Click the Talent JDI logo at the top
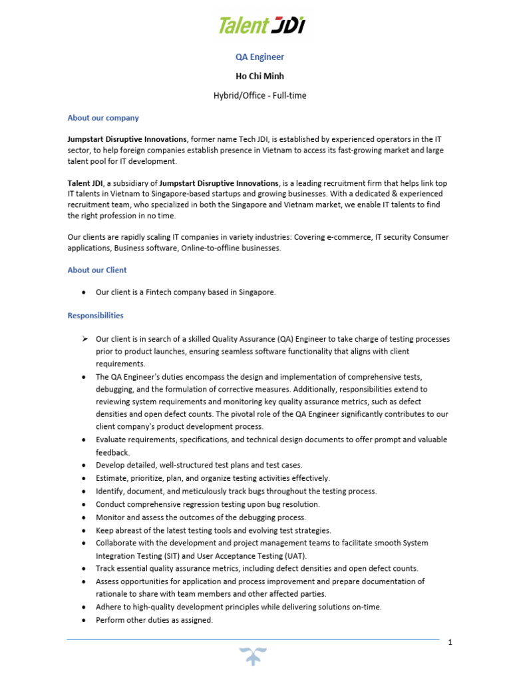[x=262, y=25]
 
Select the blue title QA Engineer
[x=255, y=57]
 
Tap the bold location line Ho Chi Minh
[x=255, y=76]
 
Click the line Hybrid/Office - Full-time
[x=255, y=95]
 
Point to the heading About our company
[x=103, y=118]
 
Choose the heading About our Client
[x=97, y=270]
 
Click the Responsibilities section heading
[x=95, y=316]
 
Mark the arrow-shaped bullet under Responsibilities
[x=85, y=339]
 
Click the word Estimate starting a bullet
[x=112, y=478]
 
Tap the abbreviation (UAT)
[x=295, y=555]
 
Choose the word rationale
[x=114, y=594]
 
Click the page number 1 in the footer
[x=450, y=642]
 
